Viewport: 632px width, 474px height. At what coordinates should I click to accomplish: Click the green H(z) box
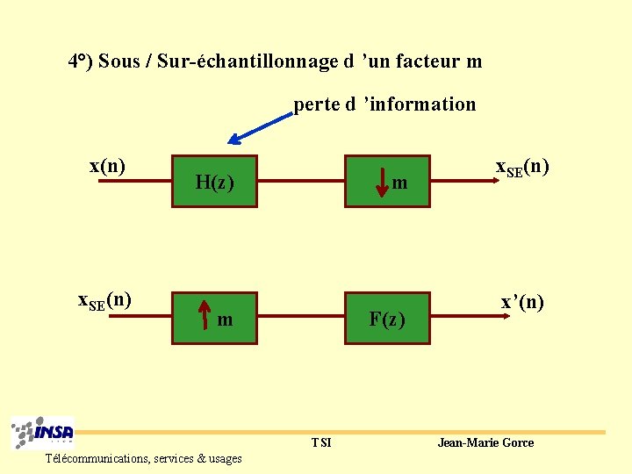click(x=214, y=182)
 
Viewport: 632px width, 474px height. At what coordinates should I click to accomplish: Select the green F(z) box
click(x=387, y=318)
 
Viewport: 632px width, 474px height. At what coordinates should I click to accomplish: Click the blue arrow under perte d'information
click(x=259, y=127)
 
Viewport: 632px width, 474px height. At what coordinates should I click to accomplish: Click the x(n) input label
click(x=107, y=166)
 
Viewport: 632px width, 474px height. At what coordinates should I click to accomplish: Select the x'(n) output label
click(x=522, y=303)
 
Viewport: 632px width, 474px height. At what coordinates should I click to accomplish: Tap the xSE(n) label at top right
click(x=522, y=168)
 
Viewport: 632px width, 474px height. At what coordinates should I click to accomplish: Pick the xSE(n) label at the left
click(x=105, y=300)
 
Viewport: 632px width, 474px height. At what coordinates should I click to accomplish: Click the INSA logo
click(x=43, y=433)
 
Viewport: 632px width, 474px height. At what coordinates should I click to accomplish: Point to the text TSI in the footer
click(x=321, y=442)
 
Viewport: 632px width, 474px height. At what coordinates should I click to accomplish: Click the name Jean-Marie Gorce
click(x=485, y=442)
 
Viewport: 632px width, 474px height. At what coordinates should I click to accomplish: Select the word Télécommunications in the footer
click(x=97, y=458)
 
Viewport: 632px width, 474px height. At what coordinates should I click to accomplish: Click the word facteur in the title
click(x=427, y=61)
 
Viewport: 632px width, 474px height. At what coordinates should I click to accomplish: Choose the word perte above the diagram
click(x=317, y=104)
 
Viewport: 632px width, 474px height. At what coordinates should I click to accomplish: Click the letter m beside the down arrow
click(x=399, y=183)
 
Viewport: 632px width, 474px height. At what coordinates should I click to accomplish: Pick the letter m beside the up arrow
click(x=225, y=320)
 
